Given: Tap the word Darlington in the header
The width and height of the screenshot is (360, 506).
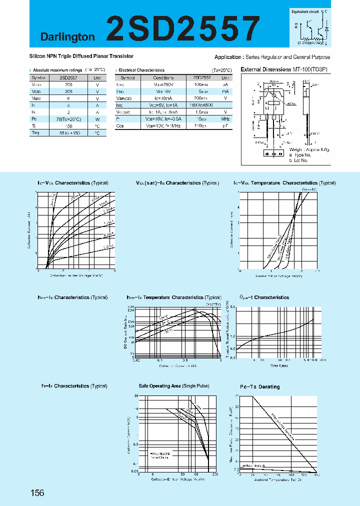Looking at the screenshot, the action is pyautogui.click(x=67, y=36).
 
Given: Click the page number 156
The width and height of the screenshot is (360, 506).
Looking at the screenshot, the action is pyautogui.click(x=37, y=493).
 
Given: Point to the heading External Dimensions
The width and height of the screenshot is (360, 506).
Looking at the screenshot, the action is pyautogui.click(x=265, y=70).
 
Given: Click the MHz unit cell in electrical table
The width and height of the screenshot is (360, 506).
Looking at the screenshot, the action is pyautogui.click(x=225, y=119).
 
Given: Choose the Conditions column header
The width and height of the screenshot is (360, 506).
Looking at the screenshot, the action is pyautogui.click(x=163, y=78).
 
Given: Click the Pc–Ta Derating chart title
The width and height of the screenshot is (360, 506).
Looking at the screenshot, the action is pyautogui.click(x=259, y=386).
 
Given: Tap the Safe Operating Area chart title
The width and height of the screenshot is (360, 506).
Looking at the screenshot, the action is pyautogui.click(x=173, y=386).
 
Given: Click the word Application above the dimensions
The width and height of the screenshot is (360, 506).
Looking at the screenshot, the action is pyautogui.click(x=228, y=57).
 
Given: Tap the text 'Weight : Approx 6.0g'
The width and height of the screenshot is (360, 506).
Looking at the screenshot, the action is pyautogui.click(x=309, y=149).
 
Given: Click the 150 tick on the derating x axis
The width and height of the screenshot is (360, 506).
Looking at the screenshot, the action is pyautogui.click(x=315, y=475).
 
